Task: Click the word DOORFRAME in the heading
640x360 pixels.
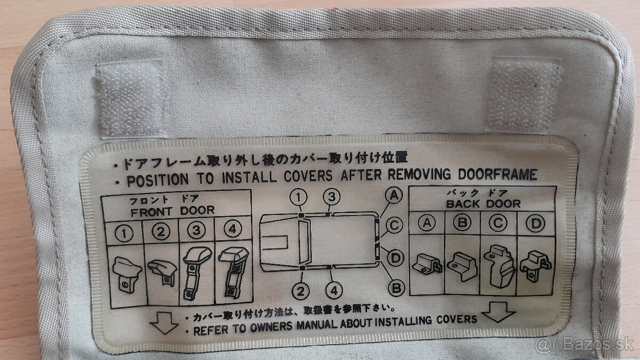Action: click(498, 174)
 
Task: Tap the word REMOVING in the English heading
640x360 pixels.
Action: click(419, 174)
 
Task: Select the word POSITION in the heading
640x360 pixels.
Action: click(158, 180)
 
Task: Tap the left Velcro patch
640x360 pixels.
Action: click(131, 99)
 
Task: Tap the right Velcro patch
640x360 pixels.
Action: click(524, 94)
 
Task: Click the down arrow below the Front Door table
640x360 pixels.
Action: click(164, 323)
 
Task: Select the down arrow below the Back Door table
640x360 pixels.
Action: click(498, 312)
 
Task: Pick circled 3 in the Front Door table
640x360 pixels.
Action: click(196, 230)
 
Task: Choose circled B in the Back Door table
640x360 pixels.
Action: click(462, 222)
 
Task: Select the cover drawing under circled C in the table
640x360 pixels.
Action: click(499, 266)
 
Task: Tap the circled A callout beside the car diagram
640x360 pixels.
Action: click(394, 195)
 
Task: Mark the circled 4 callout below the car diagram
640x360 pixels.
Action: click(334, 291)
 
